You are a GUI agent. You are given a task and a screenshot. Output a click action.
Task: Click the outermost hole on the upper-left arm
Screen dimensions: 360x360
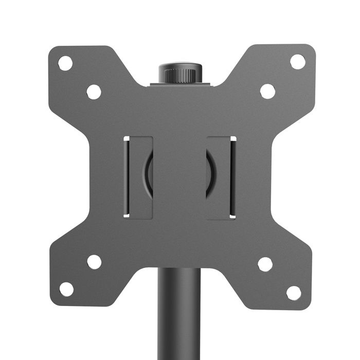coord(65,63)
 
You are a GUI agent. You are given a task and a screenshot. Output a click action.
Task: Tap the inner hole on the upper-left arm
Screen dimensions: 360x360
coord(94,92)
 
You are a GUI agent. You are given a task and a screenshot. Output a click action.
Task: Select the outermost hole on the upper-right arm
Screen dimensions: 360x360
coord(297,62)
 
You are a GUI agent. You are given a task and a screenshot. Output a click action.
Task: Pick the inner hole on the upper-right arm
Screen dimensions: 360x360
coord(267,91)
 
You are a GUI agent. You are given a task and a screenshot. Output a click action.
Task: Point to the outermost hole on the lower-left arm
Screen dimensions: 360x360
coord(66,289)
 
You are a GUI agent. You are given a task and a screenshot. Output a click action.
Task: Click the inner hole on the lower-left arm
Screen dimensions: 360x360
coord(94,262)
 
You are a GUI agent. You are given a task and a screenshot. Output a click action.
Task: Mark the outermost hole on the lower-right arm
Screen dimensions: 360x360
coord(294,293)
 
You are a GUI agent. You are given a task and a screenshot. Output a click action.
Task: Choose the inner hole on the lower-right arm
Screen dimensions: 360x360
coord(265,264)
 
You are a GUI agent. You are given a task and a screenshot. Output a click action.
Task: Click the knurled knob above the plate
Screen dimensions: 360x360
coord(180,73)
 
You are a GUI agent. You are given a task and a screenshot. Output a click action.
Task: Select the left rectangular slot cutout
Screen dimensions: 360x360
coord(138,177)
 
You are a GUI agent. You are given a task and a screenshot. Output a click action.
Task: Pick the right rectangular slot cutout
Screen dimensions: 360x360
coord(221,177)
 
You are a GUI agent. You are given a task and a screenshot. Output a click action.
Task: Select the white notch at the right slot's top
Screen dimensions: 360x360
coord(233,138)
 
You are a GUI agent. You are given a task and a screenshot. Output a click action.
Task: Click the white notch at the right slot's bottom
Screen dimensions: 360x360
coord(233,216)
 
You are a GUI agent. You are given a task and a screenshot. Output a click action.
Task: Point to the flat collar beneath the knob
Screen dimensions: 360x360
coord(180,83)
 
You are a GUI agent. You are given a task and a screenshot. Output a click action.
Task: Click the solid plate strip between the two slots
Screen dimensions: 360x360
coord(180,177)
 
